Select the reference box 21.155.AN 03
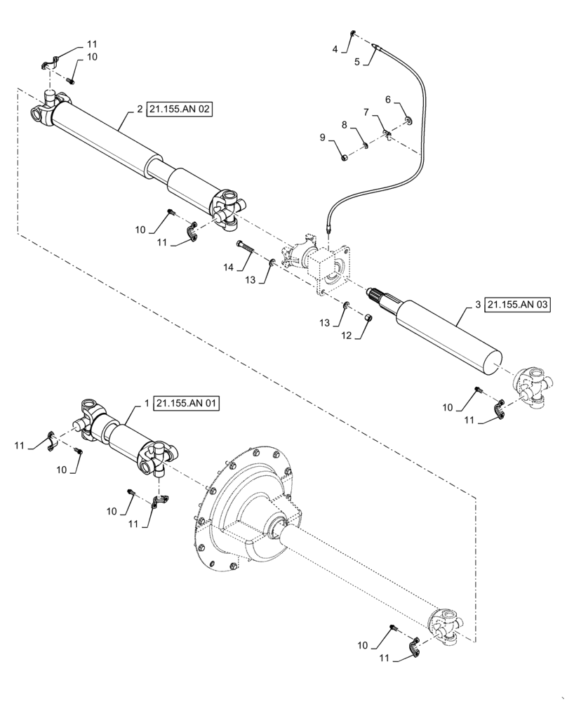tap(518, 305)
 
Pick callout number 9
tap(323, 138)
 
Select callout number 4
tap(335, 49)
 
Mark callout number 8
tap(345, 124)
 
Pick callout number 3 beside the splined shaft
tap(478, 305)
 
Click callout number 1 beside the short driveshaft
tap(146, 404)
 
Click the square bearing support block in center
tap(330, 270)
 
